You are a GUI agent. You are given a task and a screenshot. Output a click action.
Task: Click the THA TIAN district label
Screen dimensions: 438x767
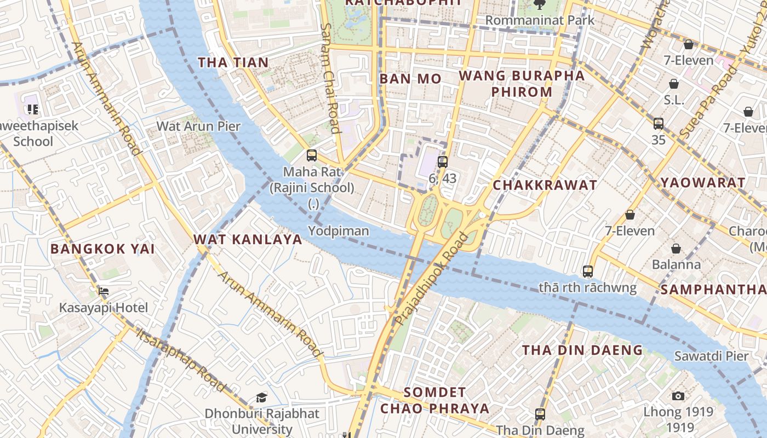pyautogui.click(x=233, y=62)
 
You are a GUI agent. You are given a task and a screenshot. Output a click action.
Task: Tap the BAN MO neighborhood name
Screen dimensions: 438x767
pyautogui.click(x=410, y=79)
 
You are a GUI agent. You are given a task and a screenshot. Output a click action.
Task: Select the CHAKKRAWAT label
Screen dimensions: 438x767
pyautogui.click(x=545, y=185)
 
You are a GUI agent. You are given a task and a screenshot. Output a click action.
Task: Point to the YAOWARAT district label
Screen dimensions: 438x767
pyautogui.click(x=702, y=183)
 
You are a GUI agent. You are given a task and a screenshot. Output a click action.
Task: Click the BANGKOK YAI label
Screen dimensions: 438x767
pyautogui.click(x=102, y=249)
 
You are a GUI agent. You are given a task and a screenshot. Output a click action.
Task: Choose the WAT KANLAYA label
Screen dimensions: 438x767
pyautogui.click(x=248, y=239)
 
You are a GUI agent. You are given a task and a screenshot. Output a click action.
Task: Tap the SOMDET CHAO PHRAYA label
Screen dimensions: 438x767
pyautogui.click(x=435, y=400)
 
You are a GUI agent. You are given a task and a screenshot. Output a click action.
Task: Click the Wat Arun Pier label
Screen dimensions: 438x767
pyautogui.click(x=198, y=126)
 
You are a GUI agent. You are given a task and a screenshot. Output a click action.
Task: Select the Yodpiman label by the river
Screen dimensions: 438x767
pyautogui.click(x=339, y=231)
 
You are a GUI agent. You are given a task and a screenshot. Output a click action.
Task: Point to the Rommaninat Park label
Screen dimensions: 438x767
pyautogui.click(x=540, y=20)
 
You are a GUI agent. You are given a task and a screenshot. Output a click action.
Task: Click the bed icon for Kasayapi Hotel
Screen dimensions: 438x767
pyautogui.click(x=103, y=291)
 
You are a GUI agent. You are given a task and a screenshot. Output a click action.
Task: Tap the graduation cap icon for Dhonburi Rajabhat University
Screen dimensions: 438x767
pyautogui.click(x=262, y=397)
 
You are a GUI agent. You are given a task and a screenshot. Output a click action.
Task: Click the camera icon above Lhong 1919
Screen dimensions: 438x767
pyautogui.click(x=678, y=396)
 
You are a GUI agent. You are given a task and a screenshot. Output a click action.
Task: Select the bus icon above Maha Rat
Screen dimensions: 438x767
pyautogui.click(x=312, y=155)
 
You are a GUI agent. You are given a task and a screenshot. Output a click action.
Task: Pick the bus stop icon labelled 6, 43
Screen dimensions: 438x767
pyautogui.click(x=443, y=162)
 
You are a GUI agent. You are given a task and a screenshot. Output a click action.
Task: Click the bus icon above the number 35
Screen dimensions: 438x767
pyautogui.click(x=659, y=124)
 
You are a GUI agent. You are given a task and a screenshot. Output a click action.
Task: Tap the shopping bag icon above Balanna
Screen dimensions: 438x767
pyautogui.click(x=676, y=249)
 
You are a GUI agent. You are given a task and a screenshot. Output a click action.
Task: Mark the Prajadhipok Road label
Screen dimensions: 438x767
pyautogui.click(x=433, y=278)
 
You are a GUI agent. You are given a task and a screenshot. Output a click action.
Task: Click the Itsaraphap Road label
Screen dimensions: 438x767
pyautogui.click(x=181, y=360)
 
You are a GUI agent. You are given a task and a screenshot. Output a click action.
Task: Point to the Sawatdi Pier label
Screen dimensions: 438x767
pyautogui.click(x=711, y=356)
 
